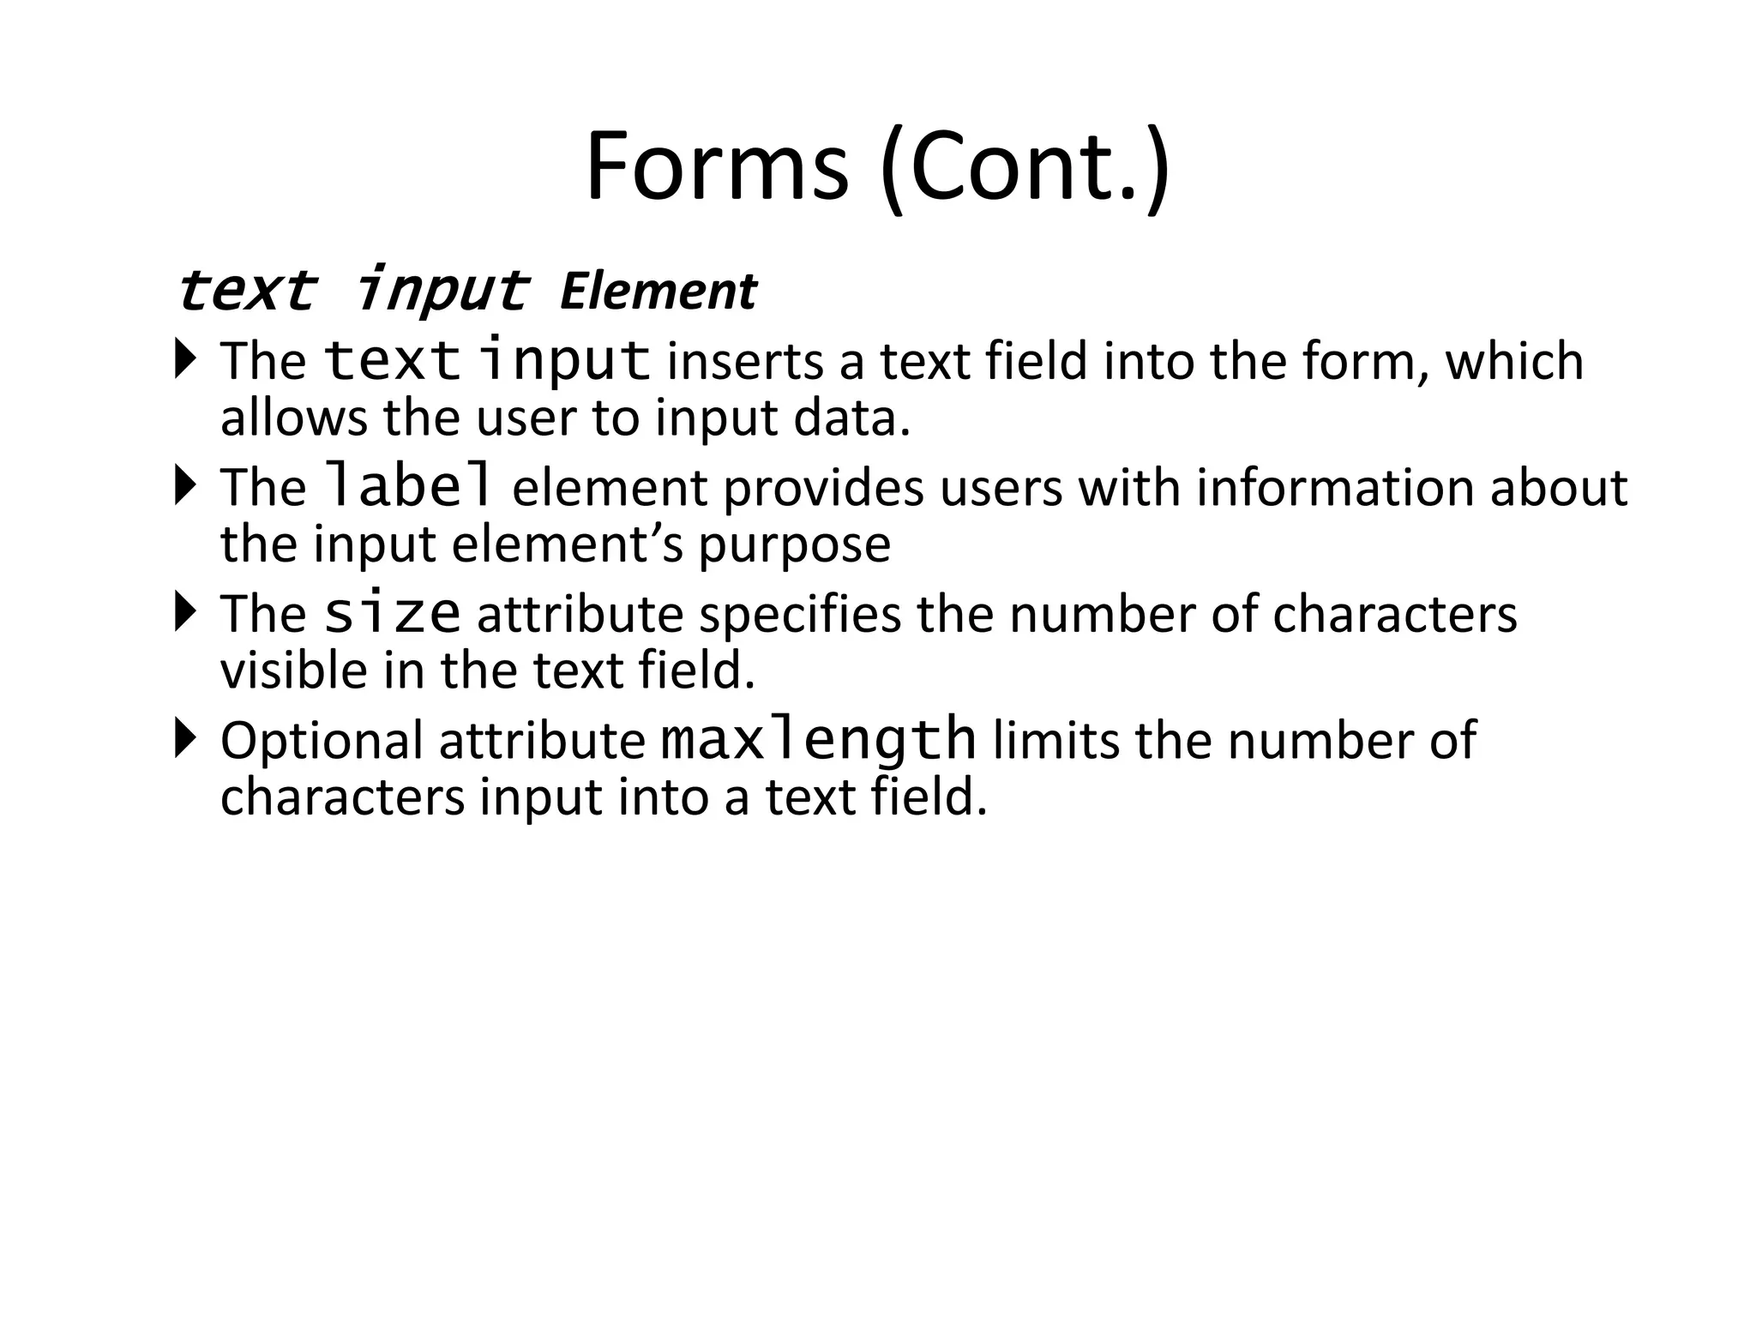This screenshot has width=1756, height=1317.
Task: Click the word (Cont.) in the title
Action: click(1025, 168)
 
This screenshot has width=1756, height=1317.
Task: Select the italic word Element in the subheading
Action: click(658, 292)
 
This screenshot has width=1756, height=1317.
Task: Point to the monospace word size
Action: click(393, 613)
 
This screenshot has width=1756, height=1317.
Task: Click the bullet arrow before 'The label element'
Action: click(184, 485)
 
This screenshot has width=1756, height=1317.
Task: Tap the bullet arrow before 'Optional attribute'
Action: click(184, 738)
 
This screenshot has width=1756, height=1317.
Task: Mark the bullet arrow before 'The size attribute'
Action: click(184, 611)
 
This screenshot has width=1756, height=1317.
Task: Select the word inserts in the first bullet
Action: click(744, 361)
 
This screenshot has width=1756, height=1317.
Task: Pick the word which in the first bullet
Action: click(1514, 361)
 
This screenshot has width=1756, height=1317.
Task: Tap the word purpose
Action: click(795, 545)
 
